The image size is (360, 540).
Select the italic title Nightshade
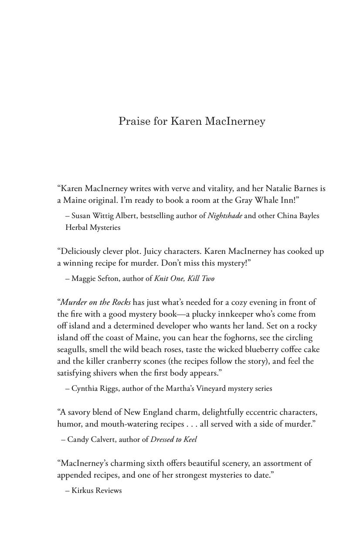225,215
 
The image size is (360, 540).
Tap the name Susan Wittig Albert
101,215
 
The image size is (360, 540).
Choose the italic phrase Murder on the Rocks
96,302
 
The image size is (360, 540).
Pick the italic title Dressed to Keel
173,439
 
